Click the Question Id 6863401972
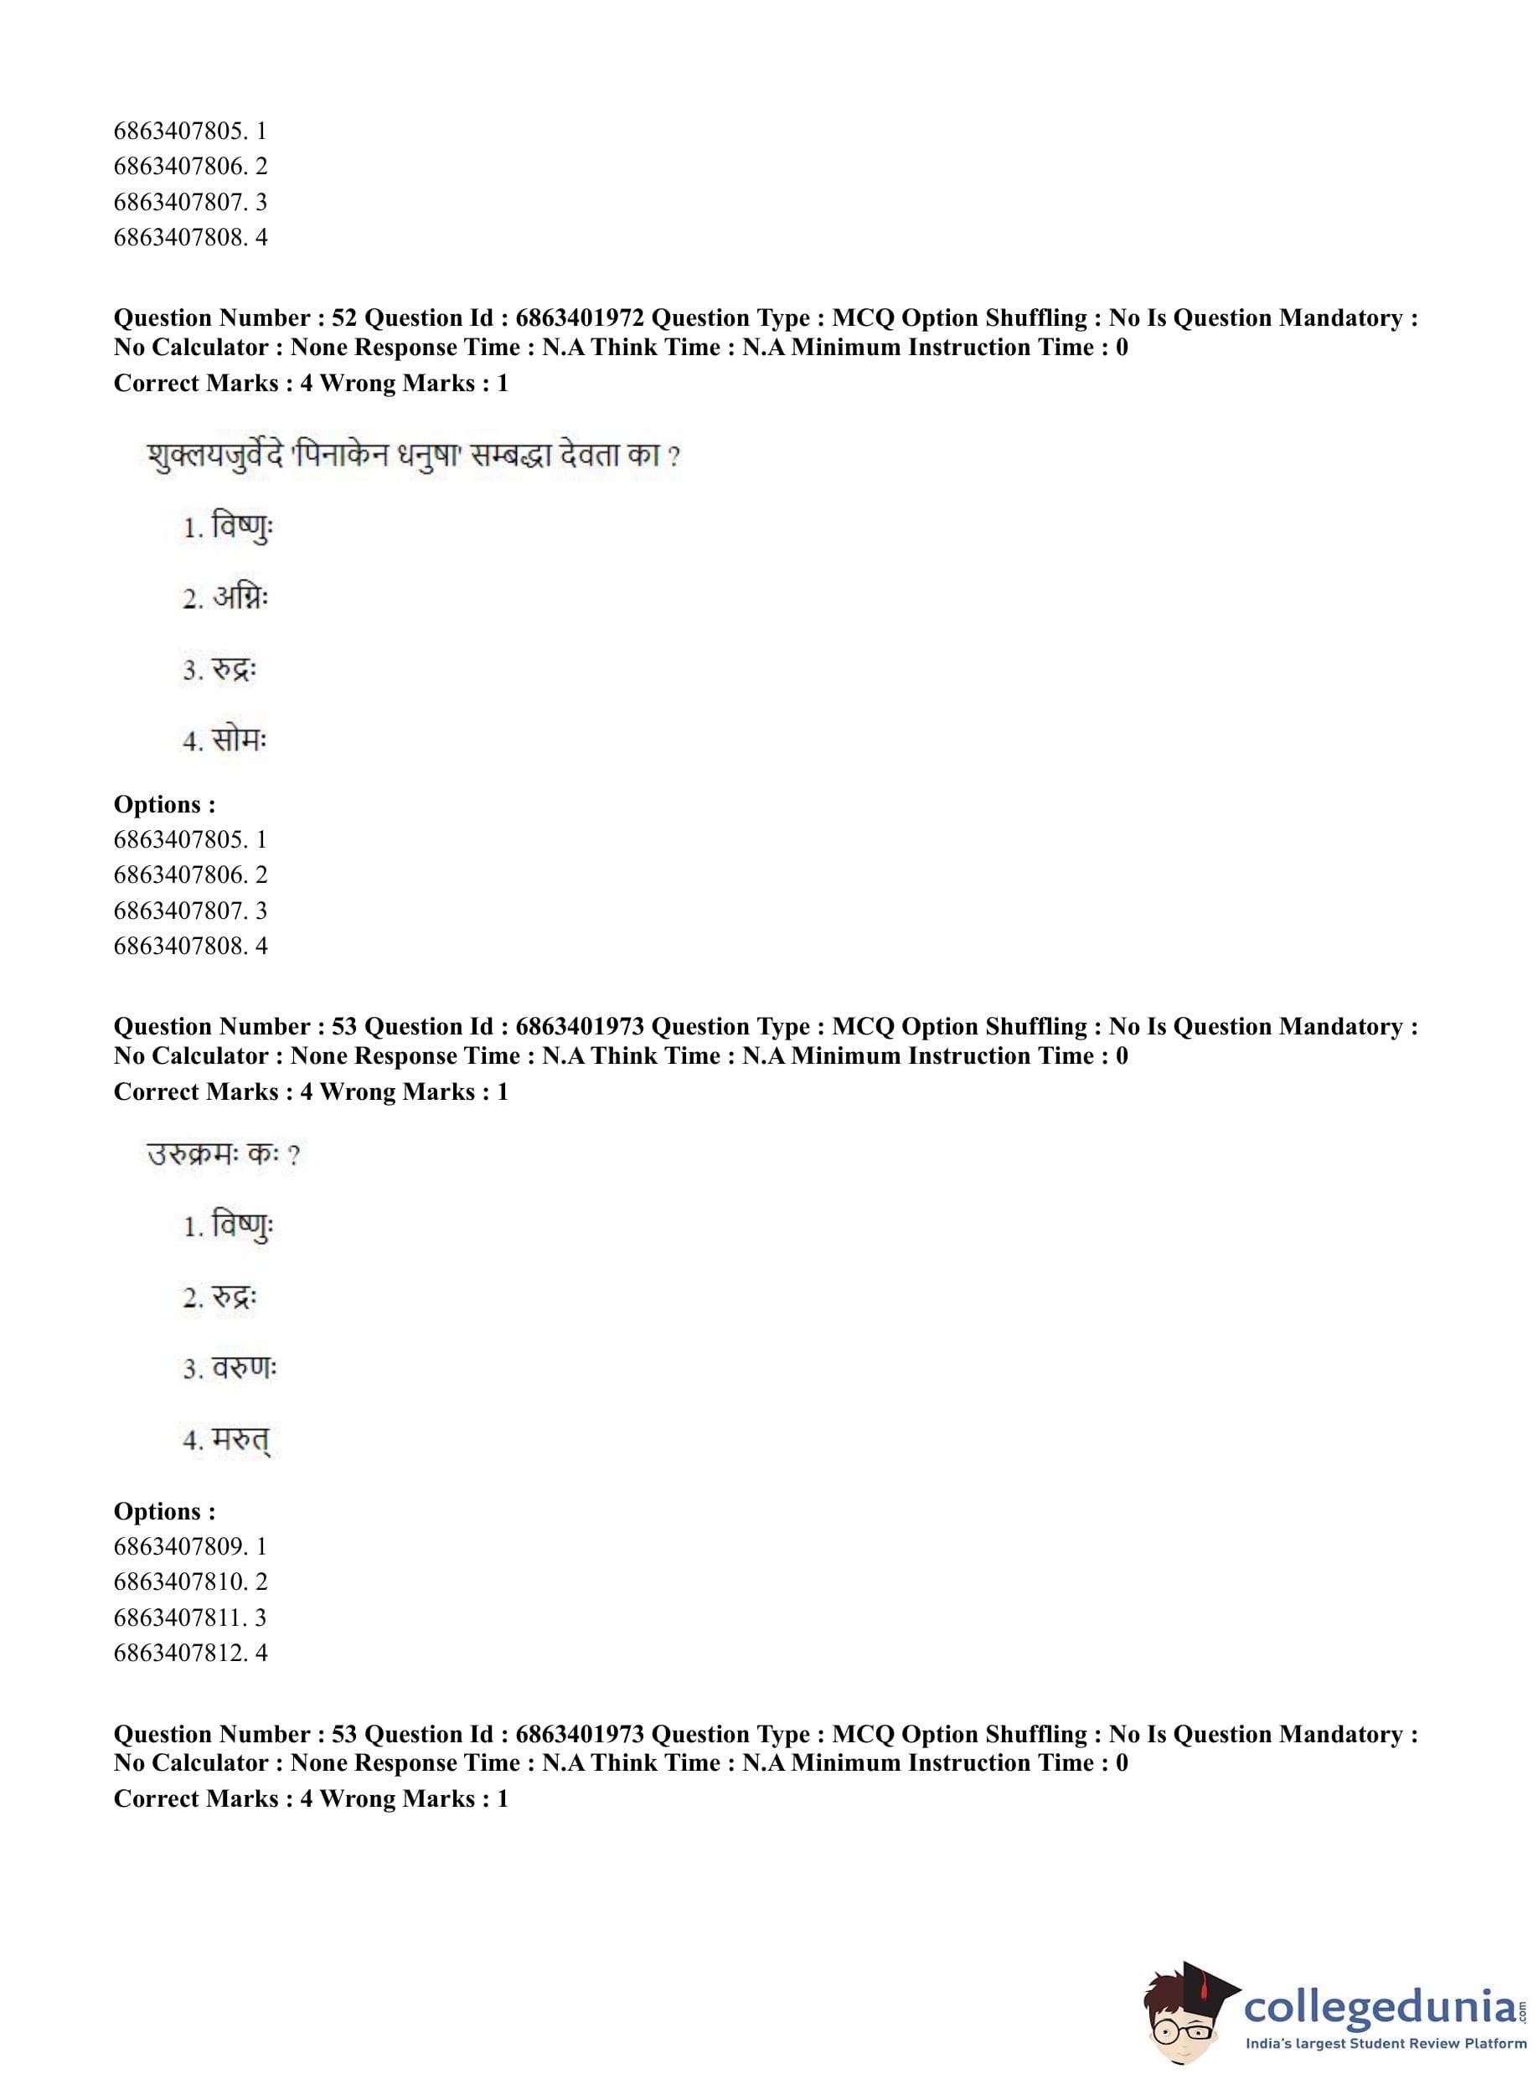579,318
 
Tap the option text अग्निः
240,597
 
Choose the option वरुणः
244,1369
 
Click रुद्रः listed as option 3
234,669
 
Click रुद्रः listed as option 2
234,1297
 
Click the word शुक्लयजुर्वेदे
214,458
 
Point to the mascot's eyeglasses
1182,2030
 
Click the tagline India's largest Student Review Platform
1386,2043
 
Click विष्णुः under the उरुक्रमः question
242,1226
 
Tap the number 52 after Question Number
344,318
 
